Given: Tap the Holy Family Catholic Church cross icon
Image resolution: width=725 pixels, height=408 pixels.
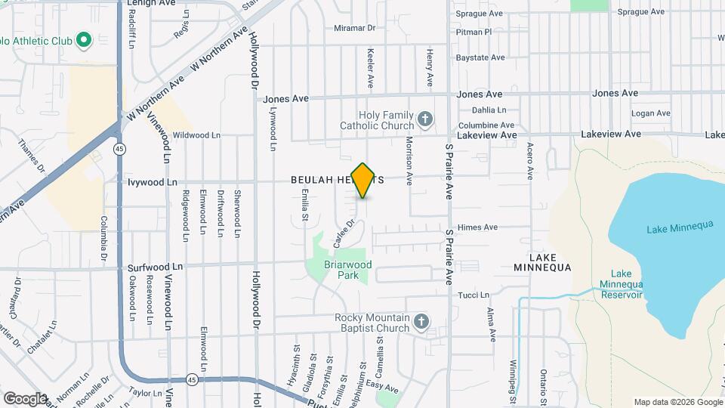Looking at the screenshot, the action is pos(425,119).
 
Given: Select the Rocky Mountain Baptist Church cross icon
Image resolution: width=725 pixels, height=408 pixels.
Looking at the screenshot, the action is pos(421,323).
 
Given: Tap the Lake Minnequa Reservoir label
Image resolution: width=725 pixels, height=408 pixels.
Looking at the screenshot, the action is pos(621,284).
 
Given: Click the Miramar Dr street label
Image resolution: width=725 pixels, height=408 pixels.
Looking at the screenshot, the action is pos(354,28).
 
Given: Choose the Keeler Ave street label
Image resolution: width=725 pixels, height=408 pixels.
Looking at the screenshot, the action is pos(371,67).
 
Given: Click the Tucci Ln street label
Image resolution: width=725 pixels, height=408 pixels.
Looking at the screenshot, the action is pos(474,295).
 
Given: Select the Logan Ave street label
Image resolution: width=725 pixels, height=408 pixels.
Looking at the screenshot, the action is pos(651,113).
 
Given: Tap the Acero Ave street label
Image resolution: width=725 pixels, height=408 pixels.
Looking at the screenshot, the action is pos(531,161).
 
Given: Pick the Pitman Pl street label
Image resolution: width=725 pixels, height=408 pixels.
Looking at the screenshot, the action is pos(474,32).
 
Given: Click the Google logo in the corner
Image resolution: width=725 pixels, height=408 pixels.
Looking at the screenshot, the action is pos(24,398).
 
